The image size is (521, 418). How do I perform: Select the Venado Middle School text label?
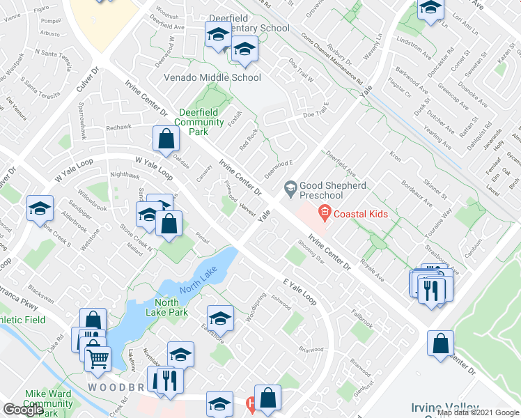tap(212, 78)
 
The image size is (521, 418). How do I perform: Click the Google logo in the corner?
tap(23, 409)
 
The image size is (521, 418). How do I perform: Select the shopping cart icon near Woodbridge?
tap(98, 358)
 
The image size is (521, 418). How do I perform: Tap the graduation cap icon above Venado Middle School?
tap(244, 49)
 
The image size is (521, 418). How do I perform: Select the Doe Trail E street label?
tap(315, 114)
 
